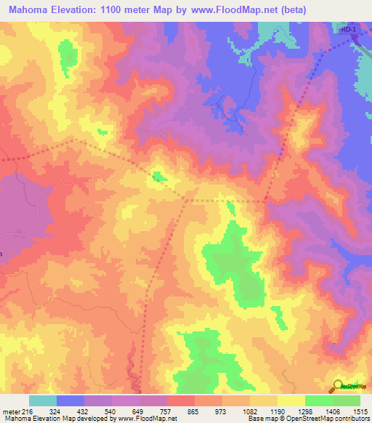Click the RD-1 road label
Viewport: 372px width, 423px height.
tap(349, 29)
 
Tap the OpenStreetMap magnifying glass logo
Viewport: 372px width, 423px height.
tap(339, 385)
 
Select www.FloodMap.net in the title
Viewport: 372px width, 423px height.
tap(227, 10)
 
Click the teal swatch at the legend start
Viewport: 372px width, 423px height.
tap(43, 400)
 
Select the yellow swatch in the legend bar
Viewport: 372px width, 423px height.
tap(291, 400)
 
